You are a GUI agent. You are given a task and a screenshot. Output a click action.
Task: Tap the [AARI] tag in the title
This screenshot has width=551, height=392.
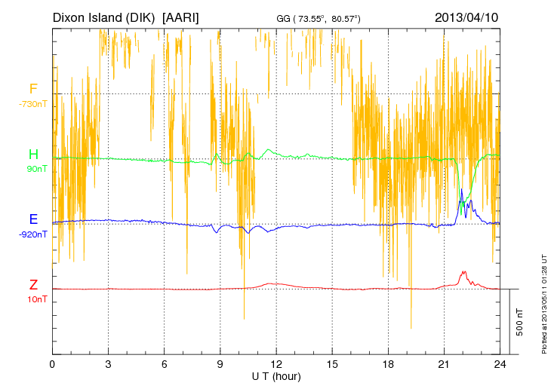click(x=181, y=17)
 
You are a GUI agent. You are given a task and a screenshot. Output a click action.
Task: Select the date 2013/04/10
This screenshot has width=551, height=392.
click(x=466, y=17)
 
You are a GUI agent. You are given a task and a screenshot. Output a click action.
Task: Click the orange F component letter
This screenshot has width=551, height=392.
click(x=33, y=90)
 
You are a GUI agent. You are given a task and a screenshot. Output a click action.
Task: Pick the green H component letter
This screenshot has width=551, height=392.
click(x=33, y=155)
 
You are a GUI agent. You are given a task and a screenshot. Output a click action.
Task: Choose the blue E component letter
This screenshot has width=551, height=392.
click(x=33, y=219)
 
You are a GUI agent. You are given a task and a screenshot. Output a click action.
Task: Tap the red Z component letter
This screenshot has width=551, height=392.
click(x=33, y=284)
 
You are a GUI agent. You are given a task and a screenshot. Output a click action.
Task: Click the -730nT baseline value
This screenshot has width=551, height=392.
click(x=33, y=104)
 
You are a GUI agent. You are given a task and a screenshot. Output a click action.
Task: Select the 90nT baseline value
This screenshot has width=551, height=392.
click(x=33, y=169)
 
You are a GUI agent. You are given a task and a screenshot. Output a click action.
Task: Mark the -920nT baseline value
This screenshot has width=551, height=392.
click(x=33, y=234)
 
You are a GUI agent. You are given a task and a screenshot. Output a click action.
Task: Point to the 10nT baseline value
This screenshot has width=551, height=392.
click(x=33, y=299)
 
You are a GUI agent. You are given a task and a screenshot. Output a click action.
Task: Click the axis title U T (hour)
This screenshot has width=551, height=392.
click(x=276, y=375)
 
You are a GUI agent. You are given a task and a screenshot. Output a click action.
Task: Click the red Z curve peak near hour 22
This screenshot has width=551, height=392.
click(x=463, y=271)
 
